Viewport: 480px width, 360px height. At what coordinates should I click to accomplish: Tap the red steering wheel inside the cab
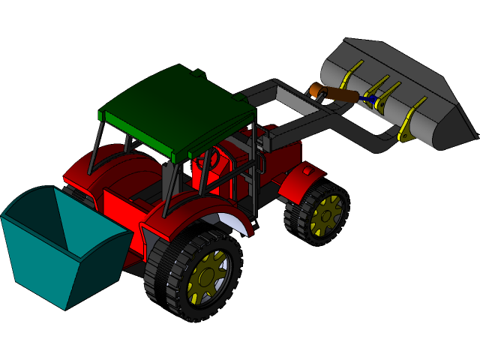208,158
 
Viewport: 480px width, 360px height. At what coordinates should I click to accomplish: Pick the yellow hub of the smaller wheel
327,215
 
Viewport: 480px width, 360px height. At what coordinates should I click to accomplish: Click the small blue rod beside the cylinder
368,99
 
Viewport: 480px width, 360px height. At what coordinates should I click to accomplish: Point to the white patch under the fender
232,221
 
